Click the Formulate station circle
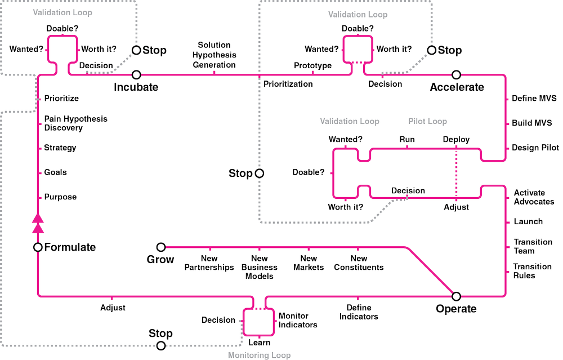pos(37,247)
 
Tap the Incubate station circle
pos(136,74)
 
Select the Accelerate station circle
pos(457,74)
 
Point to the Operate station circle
pos(456,295)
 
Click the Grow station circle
pos(161,247)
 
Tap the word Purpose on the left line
pos(60,197)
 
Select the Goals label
pos(56,172)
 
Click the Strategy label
pos(60,148)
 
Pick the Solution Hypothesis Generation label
pos(215,55)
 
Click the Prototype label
pos(312,66)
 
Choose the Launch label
pos(528,221)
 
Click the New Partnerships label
pos(209,263)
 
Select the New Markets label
pos(309,263)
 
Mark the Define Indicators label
pos(358,312)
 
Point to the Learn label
pos(259,342)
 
